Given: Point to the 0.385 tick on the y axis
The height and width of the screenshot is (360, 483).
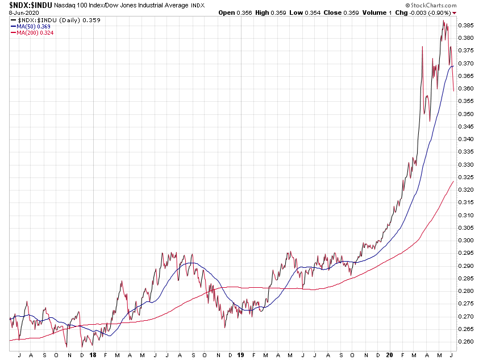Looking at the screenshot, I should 466,26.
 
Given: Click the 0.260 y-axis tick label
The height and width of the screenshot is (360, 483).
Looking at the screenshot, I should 466,341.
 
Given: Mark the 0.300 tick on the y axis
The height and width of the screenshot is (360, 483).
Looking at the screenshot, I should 466,240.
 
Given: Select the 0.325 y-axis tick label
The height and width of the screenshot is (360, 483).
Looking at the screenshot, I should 466,177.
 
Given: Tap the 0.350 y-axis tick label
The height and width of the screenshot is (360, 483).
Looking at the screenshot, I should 466,114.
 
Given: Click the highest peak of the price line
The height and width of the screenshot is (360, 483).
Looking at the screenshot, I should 444,21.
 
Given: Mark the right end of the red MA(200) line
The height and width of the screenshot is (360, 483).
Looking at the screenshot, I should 453,181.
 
